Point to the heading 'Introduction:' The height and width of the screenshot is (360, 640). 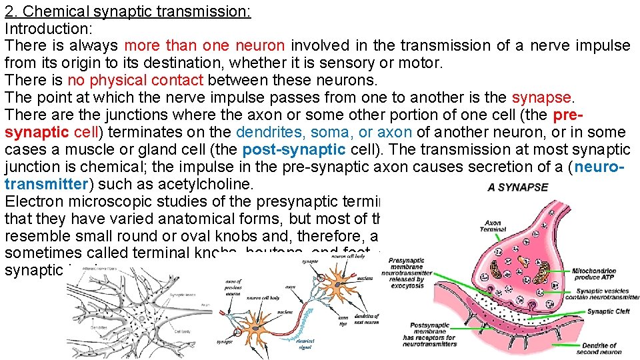(x=48, y=29)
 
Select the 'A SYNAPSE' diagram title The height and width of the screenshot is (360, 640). (x=517, y=187)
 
